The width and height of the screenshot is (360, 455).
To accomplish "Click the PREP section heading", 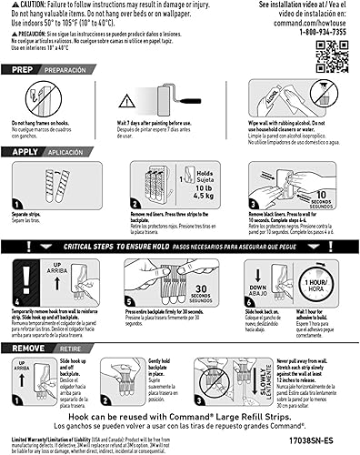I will pyautogui.click(x=26, y=69).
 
